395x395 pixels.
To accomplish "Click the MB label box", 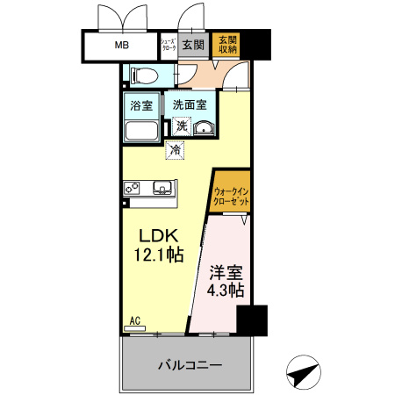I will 119,44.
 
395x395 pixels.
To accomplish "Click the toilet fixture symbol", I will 142,74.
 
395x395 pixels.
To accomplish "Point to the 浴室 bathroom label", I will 141,105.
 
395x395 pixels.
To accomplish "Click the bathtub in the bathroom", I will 141,132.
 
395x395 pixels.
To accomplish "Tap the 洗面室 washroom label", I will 190,105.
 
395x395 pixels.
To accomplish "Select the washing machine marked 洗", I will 182,126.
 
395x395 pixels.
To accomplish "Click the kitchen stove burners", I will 133,188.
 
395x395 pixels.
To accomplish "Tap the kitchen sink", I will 162,187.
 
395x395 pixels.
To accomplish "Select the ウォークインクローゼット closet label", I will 231,194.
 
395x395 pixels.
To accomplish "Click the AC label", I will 135,321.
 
